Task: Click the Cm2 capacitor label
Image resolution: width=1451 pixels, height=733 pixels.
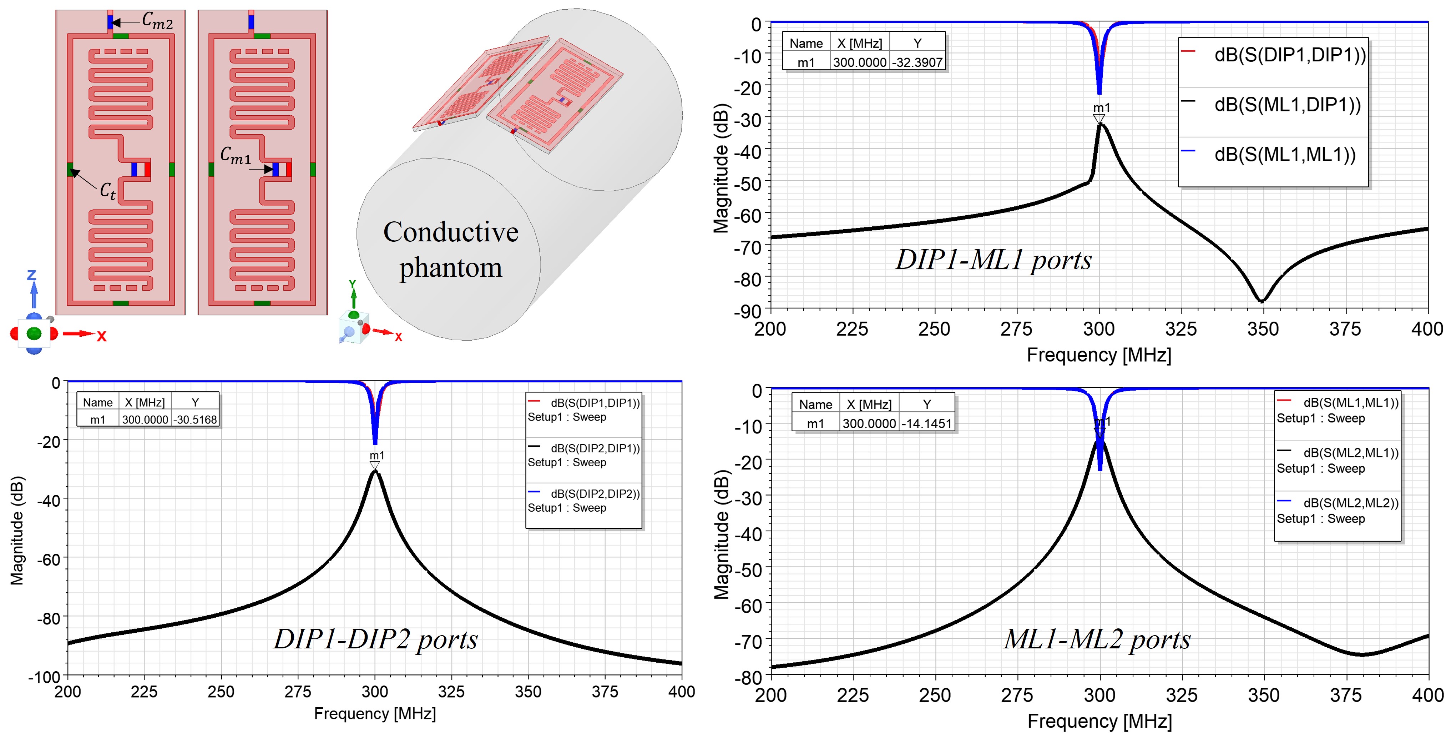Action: tap(157, 21)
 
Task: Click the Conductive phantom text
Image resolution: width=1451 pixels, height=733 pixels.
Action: tap(451, 249)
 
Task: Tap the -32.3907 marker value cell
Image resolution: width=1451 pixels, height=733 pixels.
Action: tap(917, 62)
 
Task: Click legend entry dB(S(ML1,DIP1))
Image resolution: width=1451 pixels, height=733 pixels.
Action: tap(1287, 105)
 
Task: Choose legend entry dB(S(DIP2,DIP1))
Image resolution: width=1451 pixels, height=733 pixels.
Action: tap(595, 448)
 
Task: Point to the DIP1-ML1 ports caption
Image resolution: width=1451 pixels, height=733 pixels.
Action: tap(994, 260)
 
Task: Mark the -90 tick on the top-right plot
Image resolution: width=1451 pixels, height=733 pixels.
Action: tap(748, 311)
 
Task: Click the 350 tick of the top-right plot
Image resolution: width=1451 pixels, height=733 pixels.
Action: tap(1263, 329)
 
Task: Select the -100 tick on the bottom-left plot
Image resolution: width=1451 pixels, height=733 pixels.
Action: tap(45, 677)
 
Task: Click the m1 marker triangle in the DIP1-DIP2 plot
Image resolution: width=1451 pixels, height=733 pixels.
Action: tap(375, 465)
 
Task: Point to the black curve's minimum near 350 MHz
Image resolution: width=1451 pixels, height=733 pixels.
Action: tap(1262, 300)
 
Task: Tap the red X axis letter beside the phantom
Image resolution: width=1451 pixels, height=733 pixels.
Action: tap(398, 337)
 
